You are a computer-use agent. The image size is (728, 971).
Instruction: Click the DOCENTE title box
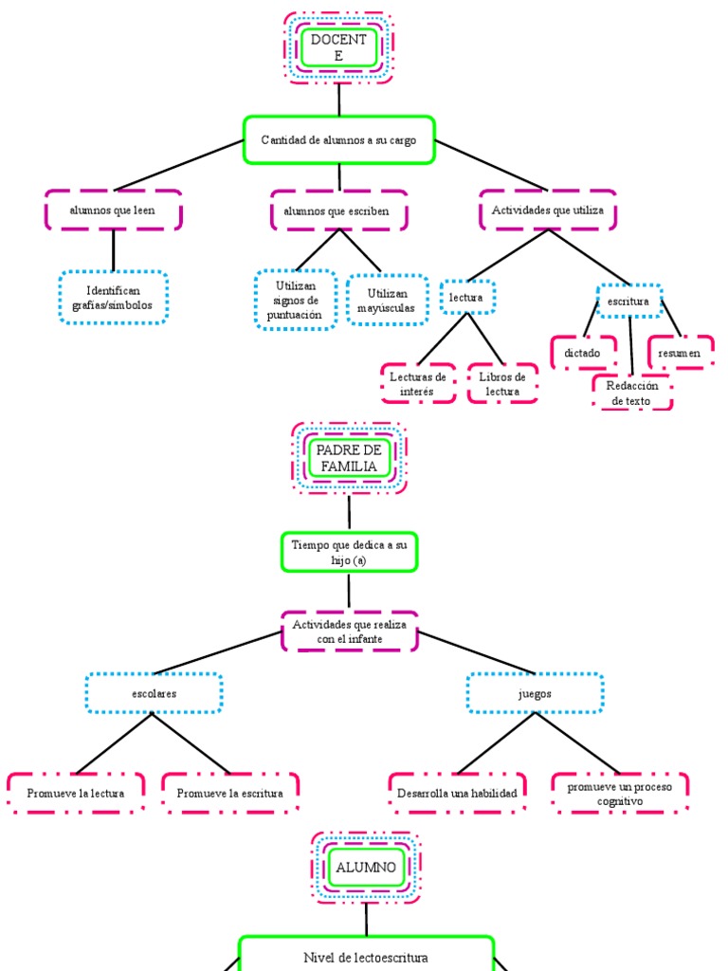tap(338, 47)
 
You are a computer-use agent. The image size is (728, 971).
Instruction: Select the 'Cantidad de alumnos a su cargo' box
tap(338, 140)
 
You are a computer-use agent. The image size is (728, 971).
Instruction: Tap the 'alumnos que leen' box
tap(113, 211)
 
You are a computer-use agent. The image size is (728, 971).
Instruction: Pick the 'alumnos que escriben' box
tap(338, 211)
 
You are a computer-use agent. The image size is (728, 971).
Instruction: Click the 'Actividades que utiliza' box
tap(548, 211)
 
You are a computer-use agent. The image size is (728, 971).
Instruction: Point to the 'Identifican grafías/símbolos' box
tap(113, 298)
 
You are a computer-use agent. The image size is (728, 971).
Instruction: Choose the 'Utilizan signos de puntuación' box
tap(296, 300)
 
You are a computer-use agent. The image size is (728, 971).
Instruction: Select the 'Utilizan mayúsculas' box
tap(380, 301)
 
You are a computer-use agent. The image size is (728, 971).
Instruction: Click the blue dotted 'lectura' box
tap(466, 297)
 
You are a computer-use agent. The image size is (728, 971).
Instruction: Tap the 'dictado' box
tap(582, 353)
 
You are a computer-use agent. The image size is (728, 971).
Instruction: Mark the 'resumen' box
tap(680, 353)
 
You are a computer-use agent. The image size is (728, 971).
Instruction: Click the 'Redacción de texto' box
tap(632, 393)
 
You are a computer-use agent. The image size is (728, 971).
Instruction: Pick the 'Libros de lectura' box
tap(502, 383)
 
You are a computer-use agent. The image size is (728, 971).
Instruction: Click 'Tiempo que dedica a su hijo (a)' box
tap(349, 552)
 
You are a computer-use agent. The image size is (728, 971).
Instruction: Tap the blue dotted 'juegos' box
tap(535, 693)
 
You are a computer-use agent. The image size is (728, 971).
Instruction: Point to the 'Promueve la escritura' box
tap(229, 793)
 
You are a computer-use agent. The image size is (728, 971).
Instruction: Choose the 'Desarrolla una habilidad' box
tap(457, 793)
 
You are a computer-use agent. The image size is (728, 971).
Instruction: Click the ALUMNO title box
tap(366, 867)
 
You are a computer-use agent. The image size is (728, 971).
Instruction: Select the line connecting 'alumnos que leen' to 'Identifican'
tap(113, 250)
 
